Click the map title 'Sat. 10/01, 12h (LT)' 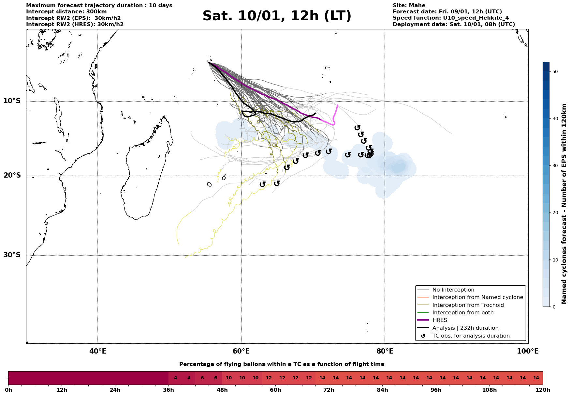tap(277, 16)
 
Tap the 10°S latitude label tap(12, 101)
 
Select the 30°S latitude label tap(12, 255)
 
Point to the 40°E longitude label tap(98, 351)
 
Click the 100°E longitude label tap(528, 351)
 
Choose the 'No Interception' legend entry tap(453, 290)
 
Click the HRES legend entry tap(440, 320)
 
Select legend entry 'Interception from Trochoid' tap(468, 305)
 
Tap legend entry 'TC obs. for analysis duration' tap(471, 336)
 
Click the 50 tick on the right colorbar tap(555, 71)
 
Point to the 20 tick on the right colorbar tap(555, 213)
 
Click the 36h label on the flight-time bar tap(168, 390)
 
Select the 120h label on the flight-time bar tap(542, 390)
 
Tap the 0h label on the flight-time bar tap(8, 390)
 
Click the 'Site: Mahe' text tap(409, 6)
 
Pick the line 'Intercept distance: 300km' tap(66, 12)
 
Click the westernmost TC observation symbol tap(262, 184)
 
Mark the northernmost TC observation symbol tap(358, 127)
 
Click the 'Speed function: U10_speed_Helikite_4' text tap(450, 18)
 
